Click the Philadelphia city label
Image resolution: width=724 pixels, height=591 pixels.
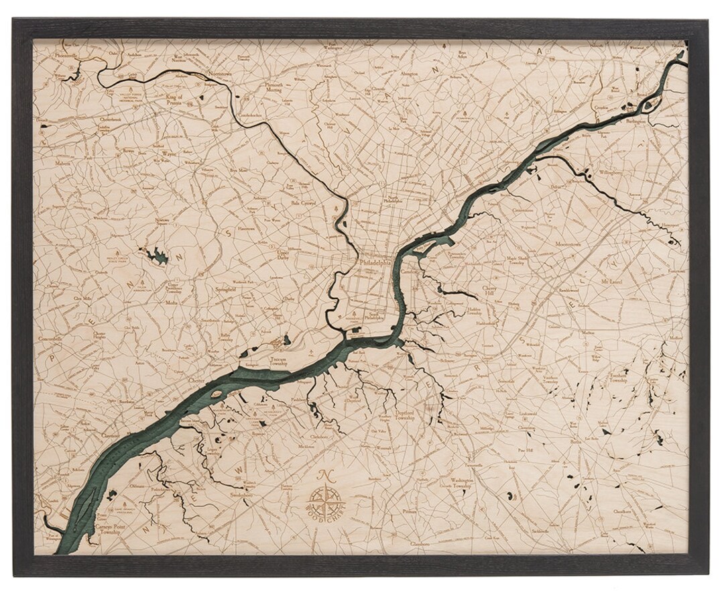377,264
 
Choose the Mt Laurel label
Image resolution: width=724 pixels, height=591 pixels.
612,281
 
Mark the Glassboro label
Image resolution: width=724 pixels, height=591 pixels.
420,543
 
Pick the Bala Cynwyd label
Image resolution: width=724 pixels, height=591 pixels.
303,201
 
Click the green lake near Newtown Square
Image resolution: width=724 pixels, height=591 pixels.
158,256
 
